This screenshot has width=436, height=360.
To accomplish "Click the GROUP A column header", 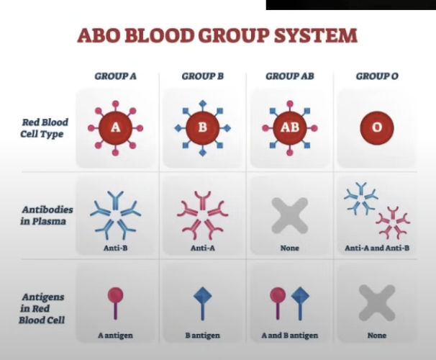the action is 115,76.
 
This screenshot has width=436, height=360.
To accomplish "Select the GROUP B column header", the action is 203,76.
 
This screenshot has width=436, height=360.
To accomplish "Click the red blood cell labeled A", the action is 116,128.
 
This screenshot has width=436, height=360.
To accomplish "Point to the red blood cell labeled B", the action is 202,128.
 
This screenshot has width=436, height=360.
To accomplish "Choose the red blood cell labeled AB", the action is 290,129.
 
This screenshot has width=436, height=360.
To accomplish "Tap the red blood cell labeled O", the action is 377,129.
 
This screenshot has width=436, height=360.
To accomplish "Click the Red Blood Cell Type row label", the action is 45,128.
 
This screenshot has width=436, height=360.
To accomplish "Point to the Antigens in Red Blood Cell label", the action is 42,307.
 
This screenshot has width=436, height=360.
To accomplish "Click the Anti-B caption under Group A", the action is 115,248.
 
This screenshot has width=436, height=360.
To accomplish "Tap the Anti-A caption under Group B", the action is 202,248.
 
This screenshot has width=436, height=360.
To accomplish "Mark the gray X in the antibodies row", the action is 289,215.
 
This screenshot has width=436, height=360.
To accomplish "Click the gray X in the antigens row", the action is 377,302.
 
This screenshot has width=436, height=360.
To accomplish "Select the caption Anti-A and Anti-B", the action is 377,248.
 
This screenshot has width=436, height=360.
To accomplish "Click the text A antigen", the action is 115,336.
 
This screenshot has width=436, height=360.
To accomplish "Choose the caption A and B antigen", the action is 289,336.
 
